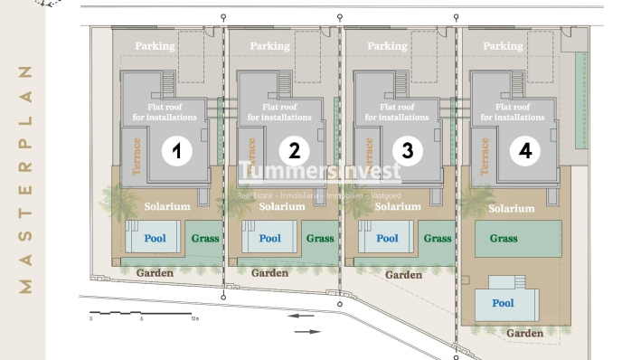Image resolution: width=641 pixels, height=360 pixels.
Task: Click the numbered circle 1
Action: click(x=177, y=151)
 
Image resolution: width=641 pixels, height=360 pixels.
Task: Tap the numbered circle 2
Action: click(x=294, y=151)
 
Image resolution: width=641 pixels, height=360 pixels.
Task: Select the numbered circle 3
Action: click(x=408, y=151)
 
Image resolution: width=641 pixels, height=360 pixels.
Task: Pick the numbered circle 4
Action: click(x=525, y=151)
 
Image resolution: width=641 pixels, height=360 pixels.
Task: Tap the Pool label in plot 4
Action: click(x=503, y=303)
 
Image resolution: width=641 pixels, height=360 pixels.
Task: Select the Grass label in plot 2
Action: click(x=320, y=239)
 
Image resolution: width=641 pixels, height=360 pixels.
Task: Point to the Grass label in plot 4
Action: click(x=504, y=239)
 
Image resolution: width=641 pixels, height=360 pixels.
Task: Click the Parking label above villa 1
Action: click(x=155, y=46)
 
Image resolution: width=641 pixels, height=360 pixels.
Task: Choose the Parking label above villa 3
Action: click(x=387, y=46)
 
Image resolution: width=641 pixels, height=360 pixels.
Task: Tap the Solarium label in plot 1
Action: click(x=167, y=207)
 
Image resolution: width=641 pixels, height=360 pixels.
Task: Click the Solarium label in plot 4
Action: click(x=512, y=208)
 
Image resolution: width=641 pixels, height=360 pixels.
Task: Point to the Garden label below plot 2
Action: click(x=269, y=272)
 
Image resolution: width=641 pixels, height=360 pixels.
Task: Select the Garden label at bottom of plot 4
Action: click(x=524, y=334)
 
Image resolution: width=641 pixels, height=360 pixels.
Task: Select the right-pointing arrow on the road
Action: click(x=307, y=332)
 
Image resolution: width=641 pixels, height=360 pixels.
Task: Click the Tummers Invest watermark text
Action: click(x=320, y=173)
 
